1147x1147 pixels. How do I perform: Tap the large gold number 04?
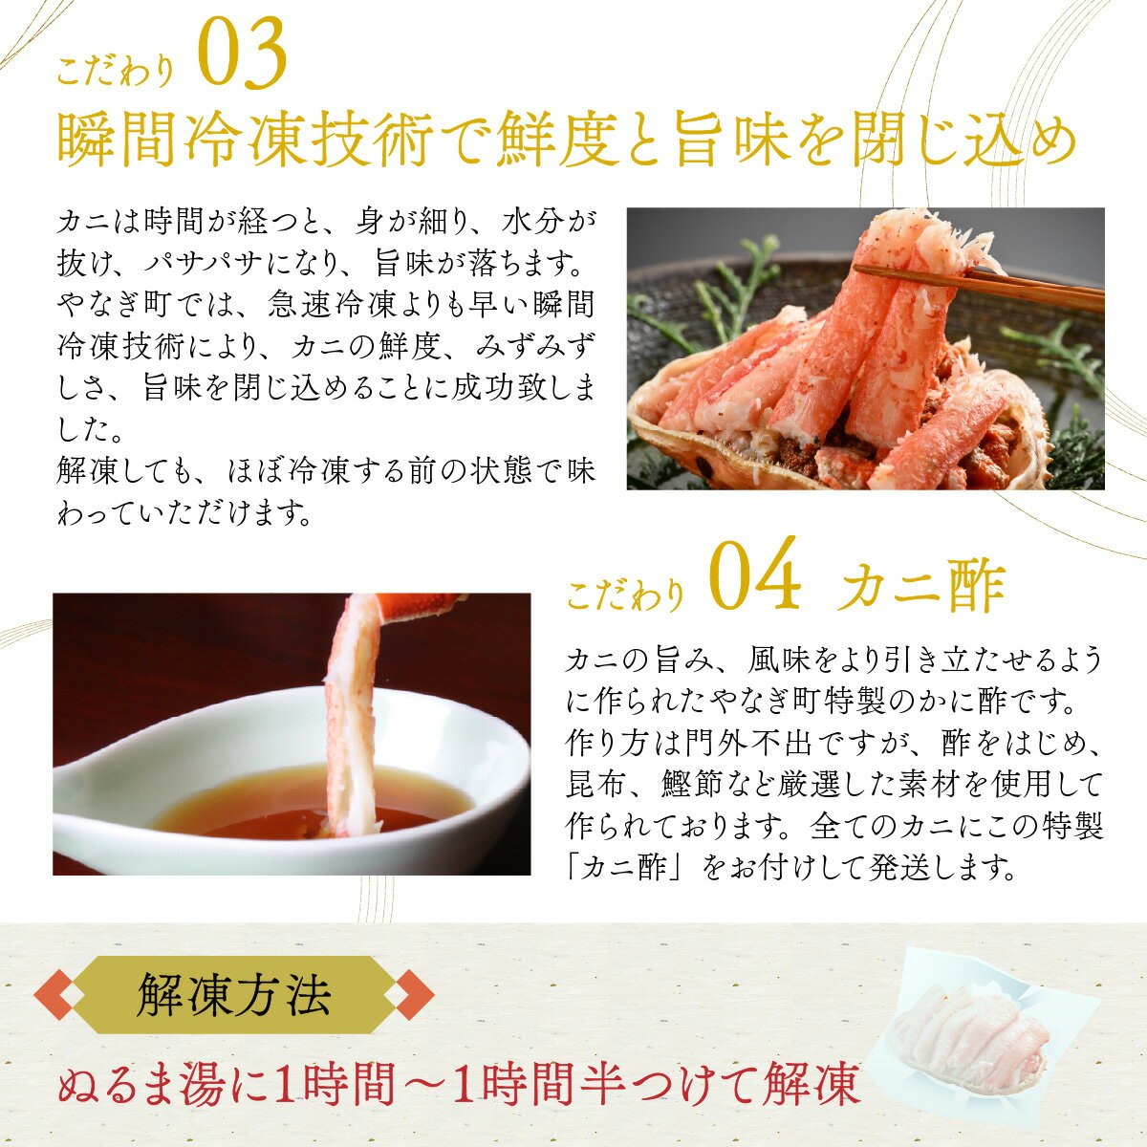(x=755, y=573)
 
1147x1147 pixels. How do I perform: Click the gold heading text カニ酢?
(x=920, y=585)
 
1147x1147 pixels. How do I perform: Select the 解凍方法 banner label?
(x=234, y=995)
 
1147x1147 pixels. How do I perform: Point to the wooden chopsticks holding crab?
(x=976, y=286)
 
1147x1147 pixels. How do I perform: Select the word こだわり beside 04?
(x=625, y=595)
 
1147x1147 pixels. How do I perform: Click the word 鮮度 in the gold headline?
(x=557, y=141)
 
